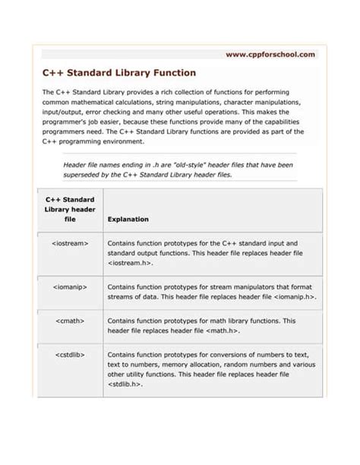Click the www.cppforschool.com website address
coord(270,55)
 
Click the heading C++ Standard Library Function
coord(118,74)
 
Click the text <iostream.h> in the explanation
coord(130,263)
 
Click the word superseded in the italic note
coord(87,174)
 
